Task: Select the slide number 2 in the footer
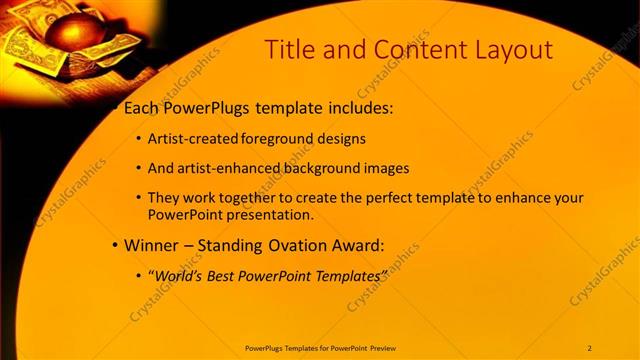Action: (x=589, y=348)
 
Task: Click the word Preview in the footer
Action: (x=378, y=348)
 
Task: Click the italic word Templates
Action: (x=345, y=274)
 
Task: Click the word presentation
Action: (x=269, y=214)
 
